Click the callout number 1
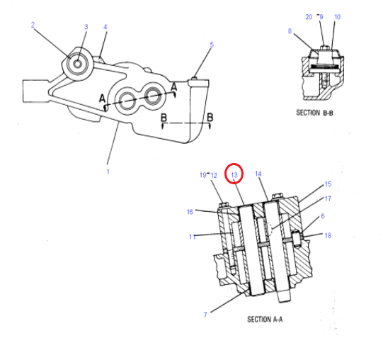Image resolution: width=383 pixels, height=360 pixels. click(x=108, y=171)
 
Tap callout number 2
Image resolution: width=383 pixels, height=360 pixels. click(x=33, y=25)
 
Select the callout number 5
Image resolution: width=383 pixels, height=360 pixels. click(x=212, y=45)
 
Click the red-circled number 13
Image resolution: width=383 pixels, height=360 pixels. click(x=234, y=174)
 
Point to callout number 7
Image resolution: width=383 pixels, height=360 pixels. click(x=205, y=315)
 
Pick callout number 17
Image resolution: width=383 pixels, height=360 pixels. click(x=328, y=198)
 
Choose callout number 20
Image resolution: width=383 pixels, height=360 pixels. click(x=309, y=17)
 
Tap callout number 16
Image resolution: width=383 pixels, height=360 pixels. click(x=190, y=212)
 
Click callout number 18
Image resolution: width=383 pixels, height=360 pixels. click(x=328, y=235)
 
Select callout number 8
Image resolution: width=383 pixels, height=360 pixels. click(x=290, y=31)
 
